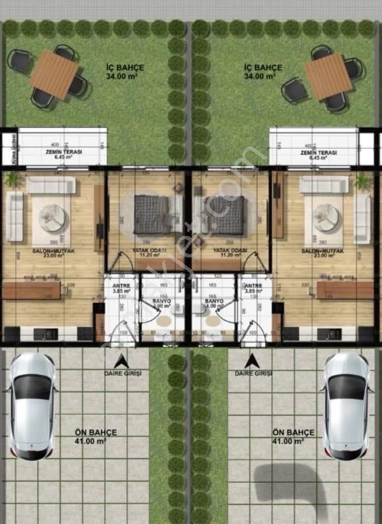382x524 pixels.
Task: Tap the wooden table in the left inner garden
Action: [53, 74]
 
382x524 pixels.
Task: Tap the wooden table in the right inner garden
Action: [327, 76]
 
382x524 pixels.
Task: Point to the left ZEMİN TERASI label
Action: [62, 154]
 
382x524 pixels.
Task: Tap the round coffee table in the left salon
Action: [51, 218]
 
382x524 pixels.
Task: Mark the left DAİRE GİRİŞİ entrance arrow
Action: [121, 361]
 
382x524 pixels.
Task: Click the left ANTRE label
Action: [121, 288]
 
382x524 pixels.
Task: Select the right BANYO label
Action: [214, 304]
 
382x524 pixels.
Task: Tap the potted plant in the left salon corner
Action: [11, 179]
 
